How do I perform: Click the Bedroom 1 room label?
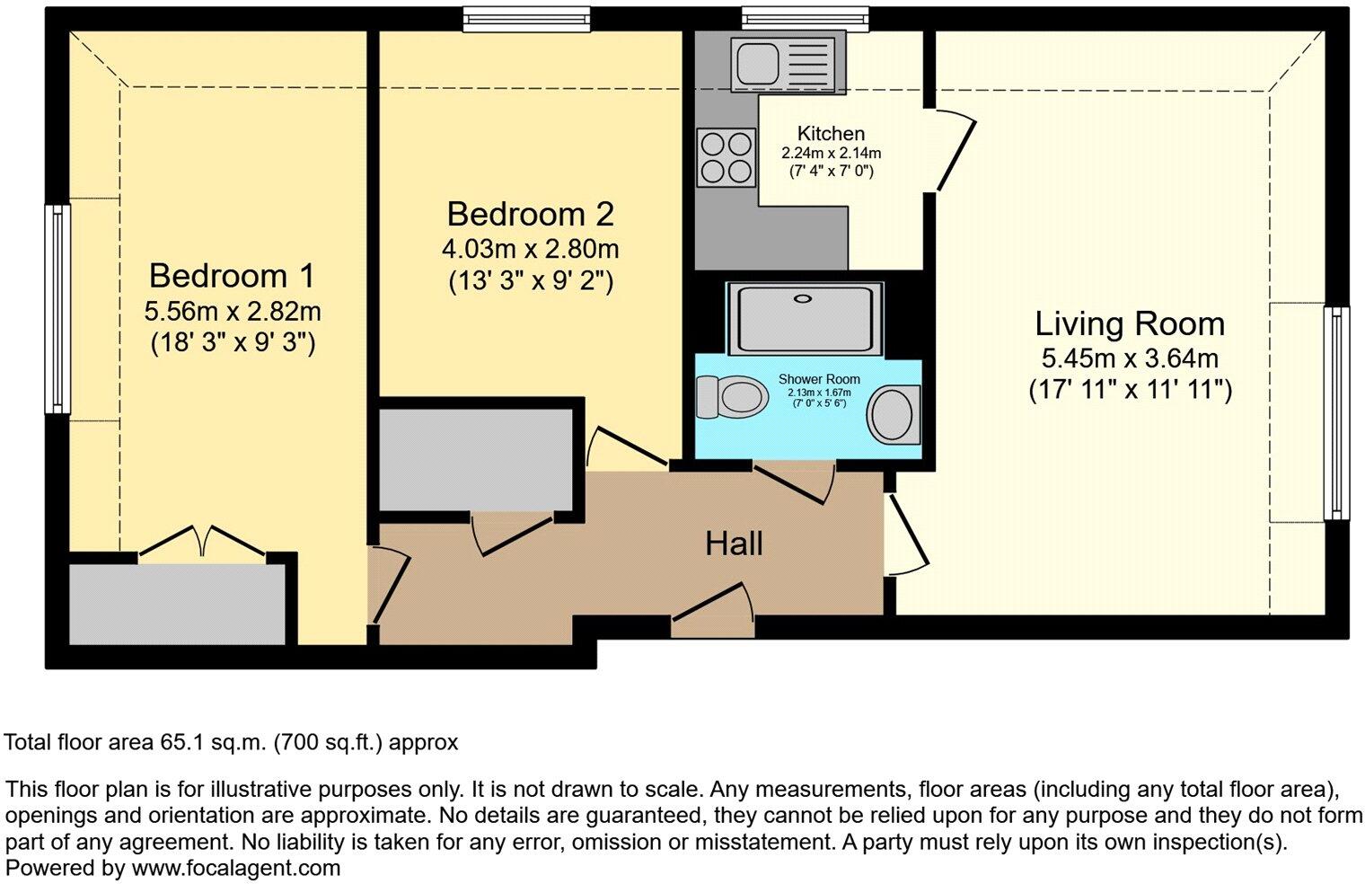(233, 275)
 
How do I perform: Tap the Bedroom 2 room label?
(530, 215)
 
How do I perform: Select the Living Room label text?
(1129, 323)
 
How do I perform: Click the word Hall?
(734, 544)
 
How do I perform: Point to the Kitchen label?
(831, 134)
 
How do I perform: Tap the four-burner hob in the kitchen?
(726, 157)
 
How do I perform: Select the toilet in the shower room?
(730, 396)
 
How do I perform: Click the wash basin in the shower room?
(893, 414)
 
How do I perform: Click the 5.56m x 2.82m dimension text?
(233, 312)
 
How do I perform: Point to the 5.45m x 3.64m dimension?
(1129, 359)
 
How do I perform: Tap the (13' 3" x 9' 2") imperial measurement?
(530, 281)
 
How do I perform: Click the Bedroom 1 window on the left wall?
(57, 308)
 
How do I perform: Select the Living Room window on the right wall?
(1337, 412)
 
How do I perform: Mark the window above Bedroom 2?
(527, 19)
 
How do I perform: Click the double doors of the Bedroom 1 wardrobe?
(202, 544)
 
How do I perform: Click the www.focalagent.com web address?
(236, 868)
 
